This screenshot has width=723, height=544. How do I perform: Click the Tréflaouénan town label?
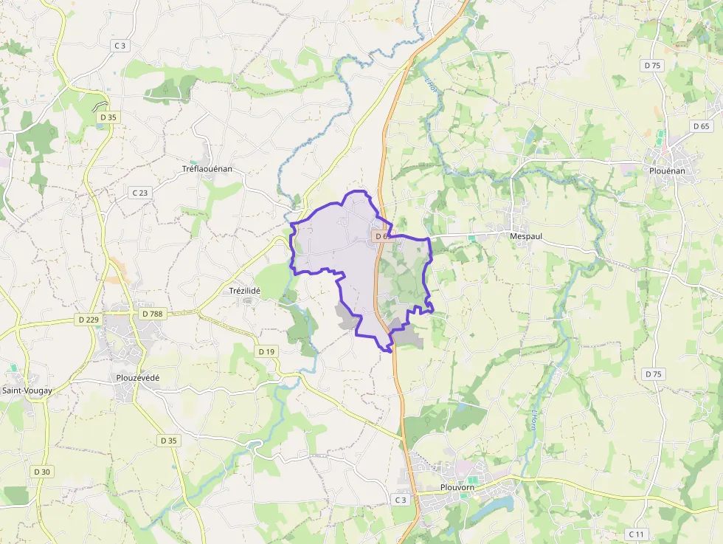(x=207, y=169)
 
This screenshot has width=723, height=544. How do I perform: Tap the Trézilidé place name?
(x=245, y=291)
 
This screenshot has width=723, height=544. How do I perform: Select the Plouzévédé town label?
(x=138, y=378)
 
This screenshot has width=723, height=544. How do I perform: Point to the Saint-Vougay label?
(x=27, y=390)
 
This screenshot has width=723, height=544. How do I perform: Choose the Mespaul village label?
(x=526, y=236)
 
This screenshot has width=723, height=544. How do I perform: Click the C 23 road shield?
(x=139, y=193)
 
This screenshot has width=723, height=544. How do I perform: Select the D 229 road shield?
(x=88, y=319)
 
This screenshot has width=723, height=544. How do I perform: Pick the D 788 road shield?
(x=151, y=314)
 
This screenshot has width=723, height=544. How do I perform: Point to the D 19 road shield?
(x=266, y=351)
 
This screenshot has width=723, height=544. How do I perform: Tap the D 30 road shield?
(x=42, y=472)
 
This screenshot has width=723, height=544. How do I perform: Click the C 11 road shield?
(x=635, y=534)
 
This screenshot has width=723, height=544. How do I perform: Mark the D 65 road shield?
(x=701, y=126)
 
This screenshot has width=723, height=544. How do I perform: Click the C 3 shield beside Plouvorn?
(x=400, y=500)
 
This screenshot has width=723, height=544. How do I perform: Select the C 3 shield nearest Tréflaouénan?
(x=120, y=46)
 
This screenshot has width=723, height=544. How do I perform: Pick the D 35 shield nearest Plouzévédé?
(x=169, y=441)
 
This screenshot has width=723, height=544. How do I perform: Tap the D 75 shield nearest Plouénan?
(x=652, y=65)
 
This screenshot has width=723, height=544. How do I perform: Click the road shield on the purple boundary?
(x=381, y=236)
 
